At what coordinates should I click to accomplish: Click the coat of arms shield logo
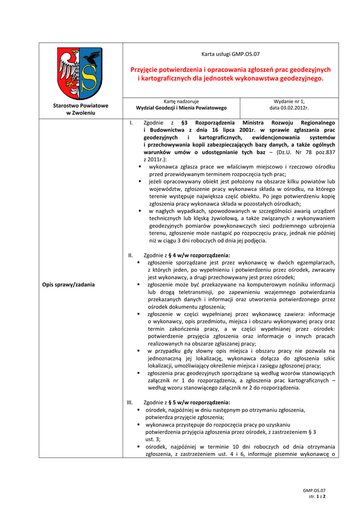pos(80,73)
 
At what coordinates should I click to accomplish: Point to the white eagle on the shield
pos(68,69)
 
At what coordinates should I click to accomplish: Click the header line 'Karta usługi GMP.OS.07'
pos(230,54)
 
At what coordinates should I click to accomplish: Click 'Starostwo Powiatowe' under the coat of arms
pos(80,106)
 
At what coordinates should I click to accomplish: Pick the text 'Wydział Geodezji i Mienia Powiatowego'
pos(181,108)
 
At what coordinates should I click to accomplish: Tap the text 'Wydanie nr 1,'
pos(289,101)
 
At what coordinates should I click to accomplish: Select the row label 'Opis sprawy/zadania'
pos(69,284)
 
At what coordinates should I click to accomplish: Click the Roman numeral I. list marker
pos(131,123)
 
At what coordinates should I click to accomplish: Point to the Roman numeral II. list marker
pos(131,255)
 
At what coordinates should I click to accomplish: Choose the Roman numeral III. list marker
pos(132,402)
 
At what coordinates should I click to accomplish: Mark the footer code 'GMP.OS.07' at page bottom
pos(314,490)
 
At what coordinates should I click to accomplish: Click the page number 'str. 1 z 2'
pos(317,496)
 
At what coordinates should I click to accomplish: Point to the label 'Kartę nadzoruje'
pos(181,101)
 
